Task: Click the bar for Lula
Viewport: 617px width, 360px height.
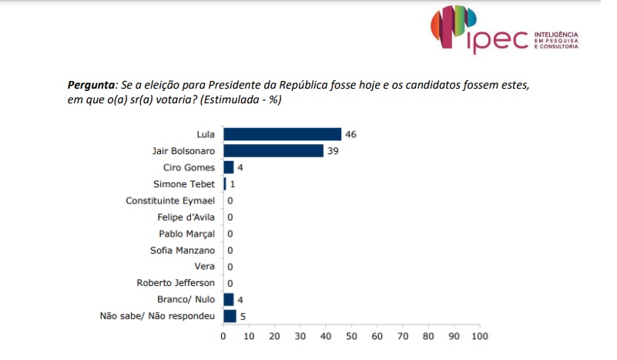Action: [x=282, y=134]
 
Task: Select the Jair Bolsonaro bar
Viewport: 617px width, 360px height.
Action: [x=273, y=150]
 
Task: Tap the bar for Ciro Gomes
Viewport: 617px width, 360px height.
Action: [x=229, y=167]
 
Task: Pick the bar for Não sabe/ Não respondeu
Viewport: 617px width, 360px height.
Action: [x=230, y=315]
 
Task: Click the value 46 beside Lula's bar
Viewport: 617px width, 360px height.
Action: [x=351, y=134]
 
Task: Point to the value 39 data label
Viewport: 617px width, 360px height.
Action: [x=333, y=150]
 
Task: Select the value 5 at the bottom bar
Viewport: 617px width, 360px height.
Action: [x=243, y=315]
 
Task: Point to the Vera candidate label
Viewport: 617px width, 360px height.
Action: [x=206, y=266]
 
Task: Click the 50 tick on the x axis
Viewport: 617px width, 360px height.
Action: [x=351, y=336]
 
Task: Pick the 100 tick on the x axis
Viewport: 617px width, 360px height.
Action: [x=479, y=336]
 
